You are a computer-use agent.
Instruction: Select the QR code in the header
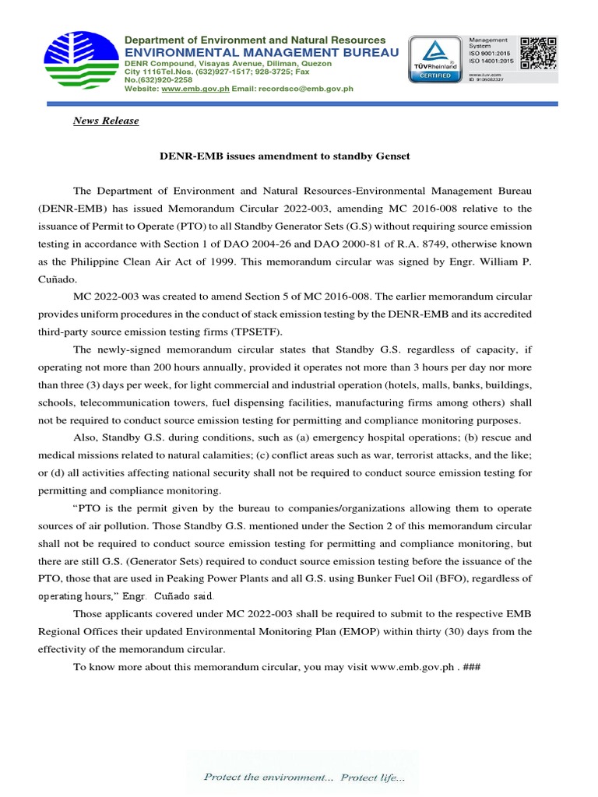tap(539, 53)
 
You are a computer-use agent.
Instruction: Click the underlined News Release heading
tap(106, 121)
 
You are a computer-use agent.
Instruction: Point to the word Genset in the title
tap(392, 156)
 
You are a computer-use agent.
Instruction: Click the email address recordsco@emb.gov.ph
tap(317, 89)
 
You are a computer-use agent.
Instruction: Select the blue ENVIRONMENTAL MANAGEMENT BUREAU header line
tap(262, 51)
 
